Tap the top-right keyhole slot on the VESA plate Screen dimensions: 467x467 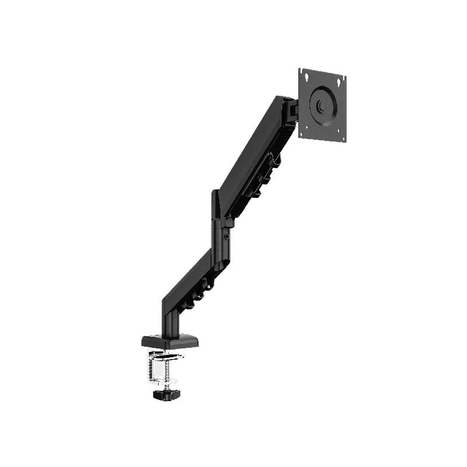coord(343,81)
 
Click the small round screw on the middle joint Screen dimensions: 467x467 coord(226,237)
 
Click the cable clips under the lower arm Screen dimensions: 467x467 coord(198,292)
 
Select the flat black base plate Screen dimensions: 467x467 coord(169,340)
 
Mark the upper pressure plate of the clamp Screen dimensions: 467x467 coord(166,354)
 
